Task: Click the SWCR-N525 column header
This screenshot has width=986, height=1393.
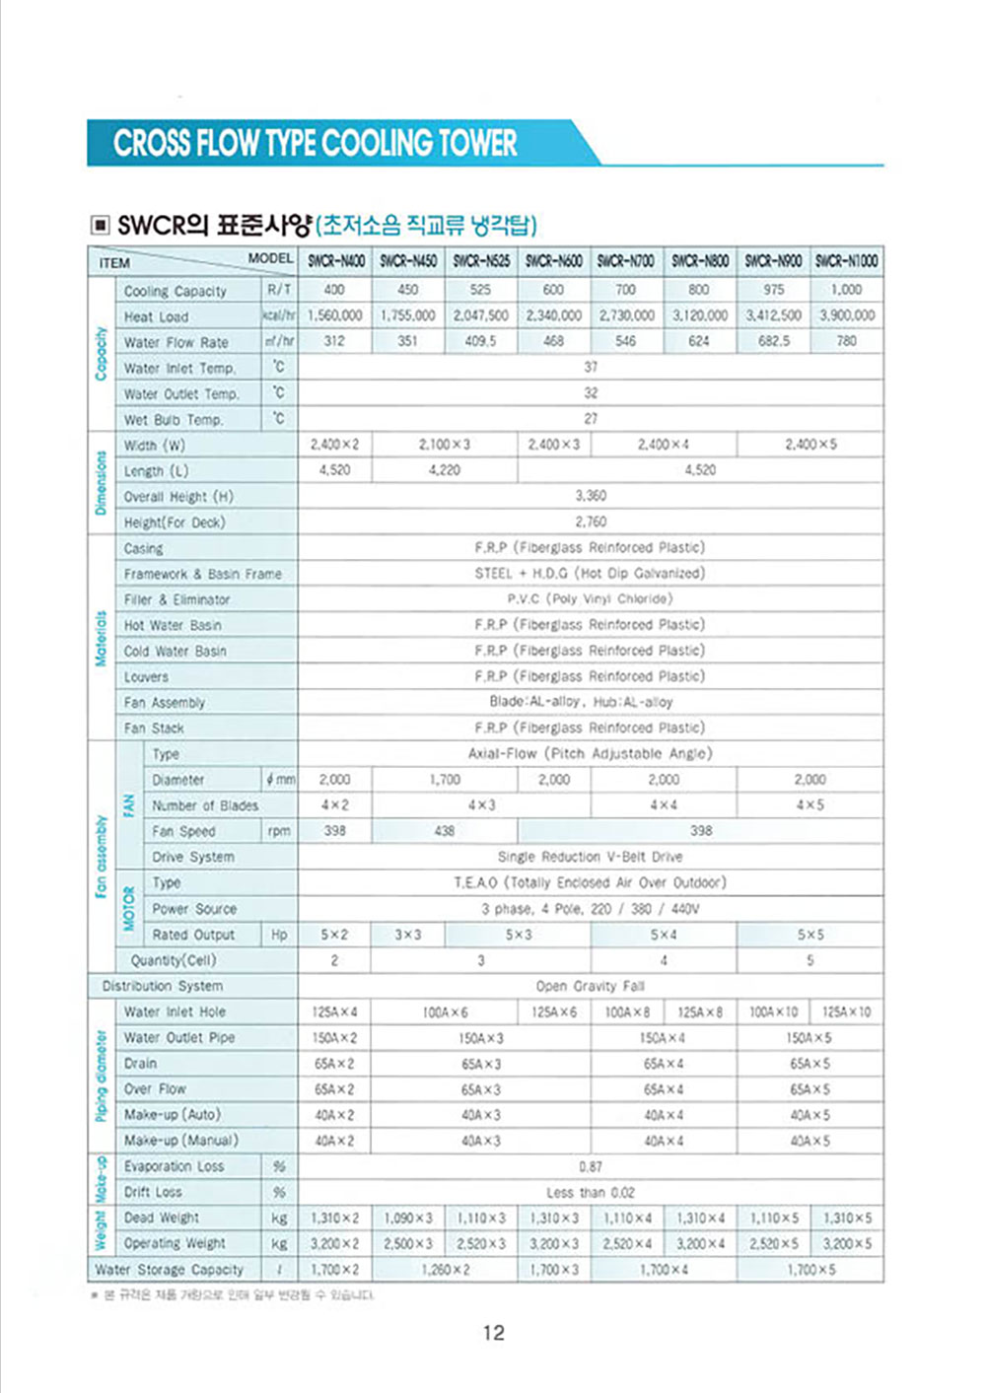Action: [481, 261]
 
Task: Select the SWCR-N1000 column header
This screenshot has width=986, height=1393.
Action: [846, 261]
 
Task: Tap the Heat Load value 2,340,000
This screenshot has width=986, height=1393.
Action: [554, 315]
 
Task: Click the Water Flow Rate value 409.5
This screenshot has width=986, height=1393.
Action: [480, 341]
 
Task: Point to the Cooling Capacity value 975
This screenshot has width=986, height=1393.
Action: [774, 290]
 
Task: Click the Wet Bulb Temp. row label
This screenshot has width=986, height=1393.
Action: [174, 419]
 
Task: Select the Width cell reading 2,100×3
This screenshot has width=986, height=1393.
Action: [444, 445]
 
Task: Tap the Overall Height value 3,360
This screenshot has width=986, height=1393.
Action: [590, 496]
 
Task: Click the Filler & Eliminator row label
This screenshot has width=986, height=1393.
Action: [176, 599]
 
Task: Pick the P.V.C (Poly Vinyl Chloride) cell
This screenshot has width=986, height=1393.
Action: [590, 598]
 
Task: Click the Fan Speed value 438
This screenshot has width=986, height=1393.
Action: [444, 831]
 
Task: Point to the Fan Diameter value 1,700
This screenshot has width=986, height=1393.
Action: [444, 779]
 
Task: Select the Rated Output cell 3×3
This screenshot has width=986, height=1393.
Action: [407, 935]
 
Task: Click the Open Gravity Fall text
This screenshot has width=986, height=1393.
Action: [590, 986]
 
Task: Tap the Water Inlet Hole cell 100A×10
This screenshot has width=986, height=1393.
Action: [774, 1012]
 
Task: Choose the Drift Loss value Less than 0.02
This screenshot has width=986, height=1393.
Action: [590, 1192]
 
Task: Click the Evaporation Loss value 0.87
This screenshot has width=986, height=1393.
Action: [590, 1166]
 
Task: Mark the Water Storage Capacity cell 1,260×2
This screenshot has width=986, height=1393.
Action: [444, 1270]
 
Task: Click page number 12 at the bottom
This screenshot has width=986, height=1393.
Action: [493, 1333]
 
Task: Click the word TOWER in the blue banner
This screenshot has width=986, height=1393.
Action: [477, 144]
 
